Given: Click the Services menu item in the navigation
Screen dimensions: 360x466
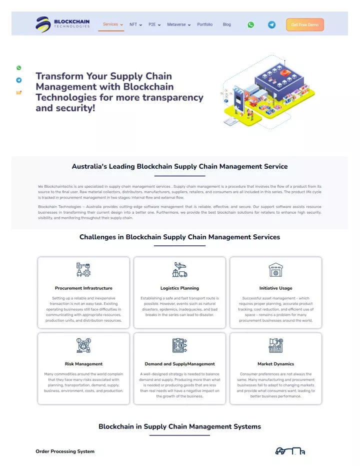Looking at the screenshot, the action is point(113,25).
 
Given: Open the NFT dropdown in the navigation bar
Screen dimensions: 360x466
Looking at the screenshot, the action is point(135,25).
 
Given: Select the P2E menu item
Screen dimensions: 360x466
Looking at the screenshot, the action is point(154,25).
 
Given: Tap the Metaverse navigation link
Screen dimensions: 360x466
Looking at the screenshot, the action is point(178,25).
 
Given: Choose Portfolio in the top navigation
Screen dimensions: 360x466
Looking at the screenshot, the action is point(205,25).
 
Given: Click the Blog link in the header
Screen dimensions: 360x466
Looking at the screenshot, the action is point(226,25).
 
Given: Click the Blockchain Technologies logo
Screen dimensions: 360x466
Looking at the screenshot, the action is point(62,25).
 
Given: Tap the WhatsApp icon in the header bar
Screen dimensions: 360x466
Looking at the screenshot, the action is point(251,25).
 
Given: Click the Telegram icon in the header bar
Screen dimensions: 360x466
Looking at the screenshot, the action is point(271,25).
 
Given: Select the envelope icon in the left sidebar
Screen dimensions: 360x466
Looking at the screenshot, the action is point(18,93).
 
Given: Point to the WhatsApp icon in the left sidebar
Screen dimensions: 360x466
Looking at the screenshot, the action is point(18,68).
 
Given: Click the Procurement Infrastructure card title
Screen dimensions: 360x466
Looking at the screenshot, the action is point(83,288).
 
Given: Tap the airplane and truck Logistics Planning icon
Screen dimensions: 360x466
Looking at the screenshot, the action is point(180,270).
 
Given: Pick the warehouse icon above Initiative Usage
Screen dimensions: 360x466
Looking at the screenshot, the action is point(275,270).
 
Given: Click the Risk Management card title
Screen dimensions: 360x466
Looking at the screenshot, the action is point(83,364).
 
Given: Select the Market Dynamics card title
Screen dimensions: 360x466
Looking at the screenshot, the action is point(275,364).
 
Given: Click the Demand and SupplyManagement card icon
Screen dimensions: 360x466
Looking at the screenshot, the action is point(180,345).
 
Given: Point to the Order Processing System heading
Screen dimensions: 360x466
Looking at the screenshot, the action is point(65,451).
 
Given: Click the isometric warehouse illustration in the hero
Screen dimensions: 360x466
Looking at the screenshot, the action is point(268,92).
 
